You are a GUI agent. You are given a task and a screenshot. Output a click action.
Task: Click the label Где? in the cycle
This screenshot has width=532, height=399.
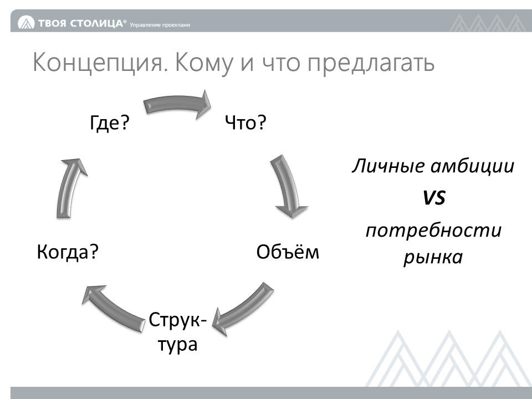coord(110,122)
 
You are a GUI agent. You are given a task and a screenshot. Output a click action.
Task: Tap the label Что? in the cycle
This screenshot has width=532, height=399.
coord(246,122)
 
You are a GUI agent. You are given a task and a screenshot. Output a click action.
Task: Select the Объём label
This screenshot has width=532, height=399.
coord(288,252)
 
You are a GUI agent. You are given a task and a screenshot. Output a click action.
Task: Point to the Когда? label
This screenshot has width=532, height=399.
coord(68,252)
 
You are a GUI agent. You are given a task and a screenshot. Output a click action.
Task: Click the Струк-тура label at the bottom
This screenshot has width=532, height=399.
coord(178,332)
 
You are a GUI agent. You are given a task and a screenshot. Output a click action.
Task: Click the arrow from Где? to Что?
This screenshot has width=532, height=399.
coord(176,104)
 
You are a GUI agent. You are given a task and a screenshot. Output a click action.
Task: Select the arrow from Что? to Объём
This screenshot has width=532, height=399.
coord(288,187)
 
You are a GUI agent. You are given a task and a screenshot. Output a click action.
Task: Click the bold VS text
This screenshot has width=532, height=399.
coord(434,197)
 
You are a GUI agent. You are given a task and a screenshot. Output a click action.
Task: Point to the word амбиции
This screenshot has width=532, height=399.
coord(473,167)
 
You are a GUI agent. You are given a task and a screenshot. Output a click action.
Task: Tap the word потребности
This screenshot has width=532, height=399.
coord(433,230)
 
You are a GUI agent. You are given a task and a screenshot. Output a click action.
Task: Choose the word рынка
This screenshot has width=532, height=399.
coord(433,257)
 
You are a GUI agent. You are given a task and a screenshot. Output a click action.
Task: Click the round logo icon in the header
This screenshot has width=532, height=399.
coord(26,23)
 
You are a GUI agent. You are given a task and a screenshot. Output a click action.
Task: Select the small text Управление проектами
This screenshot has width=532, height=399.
coord(160,25)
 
